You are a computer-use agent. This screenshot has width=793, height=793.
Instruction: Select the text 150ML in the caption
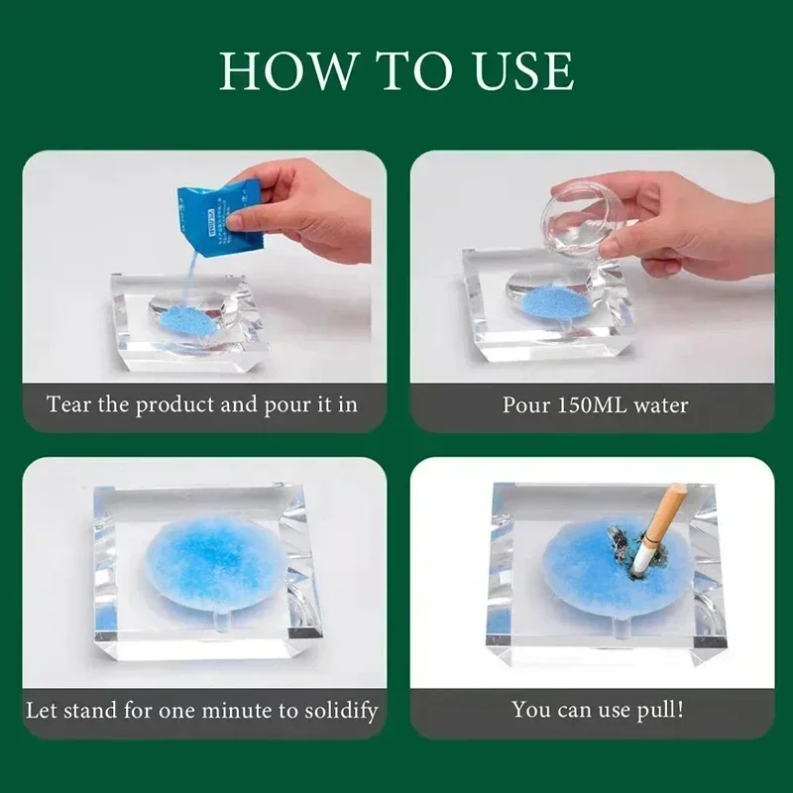[x=582, y=404]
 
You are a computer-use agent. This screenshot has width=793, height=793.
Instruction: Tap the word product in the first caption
[x=168, y=404]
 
